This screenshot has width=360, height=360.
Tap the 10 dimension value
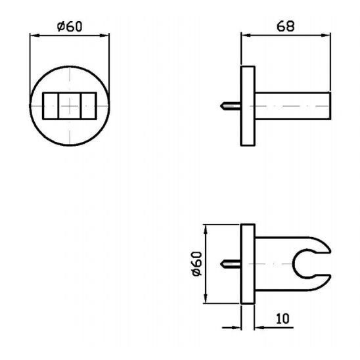283,319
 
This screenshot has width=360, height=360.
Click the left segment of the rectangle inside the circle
49,105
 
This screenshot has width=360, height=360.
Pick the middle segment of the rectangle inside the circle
69,105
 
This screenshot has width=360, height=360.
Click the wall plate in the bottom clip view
248,264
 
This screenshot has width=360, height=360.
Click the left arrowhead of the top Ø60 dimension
32,36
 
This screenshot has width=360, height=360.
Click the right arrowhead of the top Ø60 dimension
106,36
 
